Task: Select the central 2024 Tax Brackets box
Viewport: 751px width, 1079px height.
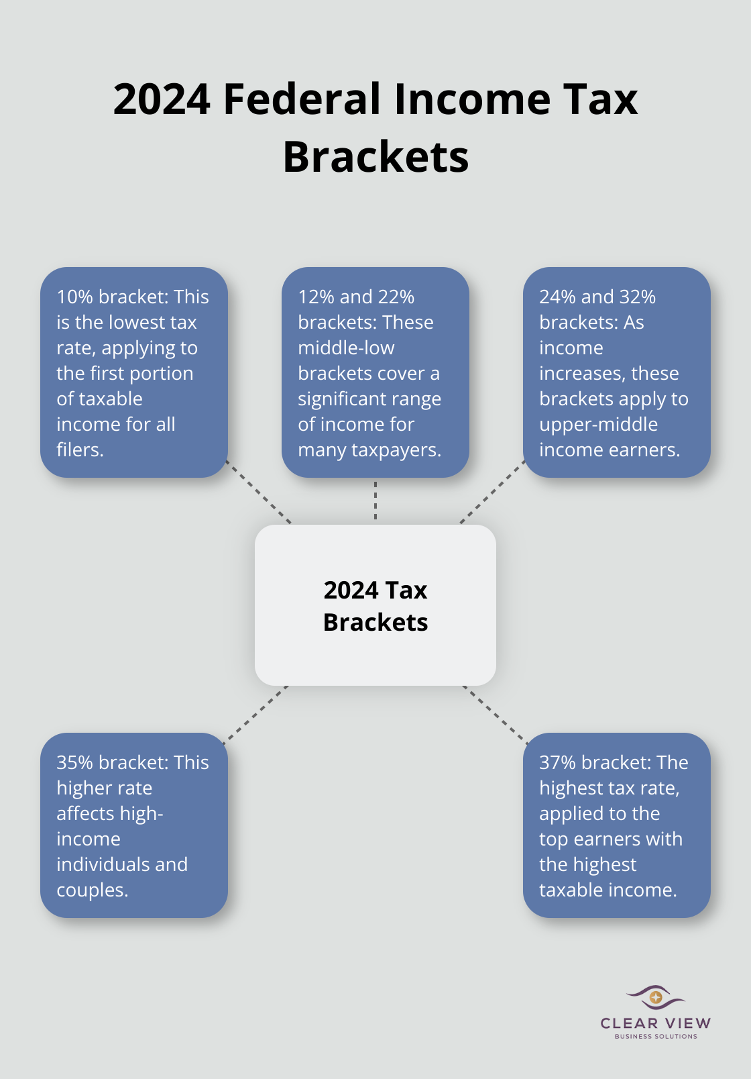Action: coord(375,605)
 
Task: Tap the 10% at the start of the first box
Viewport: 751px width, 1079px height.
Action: coord(74,297)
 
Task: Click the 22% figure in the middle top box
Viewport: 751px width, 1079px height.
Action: coord(396,297)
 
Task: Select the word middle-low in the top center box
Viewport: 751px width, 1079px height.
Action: coord(346,348)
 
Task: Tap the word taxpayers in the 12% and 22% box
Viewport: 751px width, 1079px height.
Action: coord(397,450)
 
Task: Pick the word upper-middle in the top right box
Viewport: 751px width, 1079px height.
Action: coord(598,424)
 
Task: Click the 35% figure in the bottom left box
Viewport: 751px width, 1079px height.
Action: coord(74,762)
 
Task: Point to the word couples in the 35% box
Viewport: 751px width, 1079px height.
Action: coord(91,890)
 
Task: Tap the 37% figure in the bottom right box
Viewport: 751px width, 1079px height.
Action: coord(557,762)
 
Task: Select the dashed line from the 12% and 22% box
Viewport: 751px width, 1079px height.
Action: coord(375,501)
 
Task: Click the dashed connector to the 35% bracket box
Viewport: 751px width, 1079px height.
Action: coord(256,715)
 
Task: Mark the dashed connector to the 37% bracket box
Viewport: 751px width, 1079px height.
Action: coord(495,715)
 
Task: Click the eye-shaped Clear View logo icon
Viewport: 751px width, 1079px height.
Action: coord(655,997)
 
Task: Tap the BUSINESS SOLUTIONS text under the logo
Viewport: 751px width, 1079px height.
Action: coord(656,1036)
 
